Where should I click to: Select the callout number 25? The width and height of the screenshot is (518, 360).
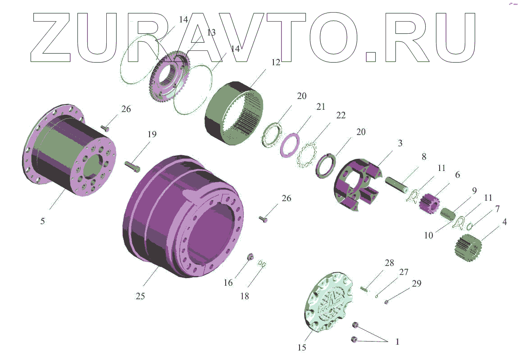pyautogui.click(x=141, y=296)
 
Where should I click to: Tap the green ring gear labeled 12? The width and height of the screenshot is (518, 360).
pyautogui.click(x=234, y=112)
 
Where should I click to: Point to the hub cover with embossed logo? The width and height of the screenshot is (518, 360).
pyautogui.click(x=329, y=301)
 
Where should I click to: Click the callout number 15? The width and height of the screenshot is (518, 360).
pyautogui.click(x=302, y=347)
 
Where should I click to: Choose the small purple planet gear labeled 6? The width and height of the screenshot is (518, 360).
pyautogui.click(x=429, y=202)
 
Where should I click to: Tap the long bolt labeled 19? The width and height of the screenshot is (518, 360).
pyautogui.click(x=132, y=166)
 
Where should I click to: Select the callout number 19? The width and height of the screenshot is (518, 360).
pyautogui.click(x=152, y=134)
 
